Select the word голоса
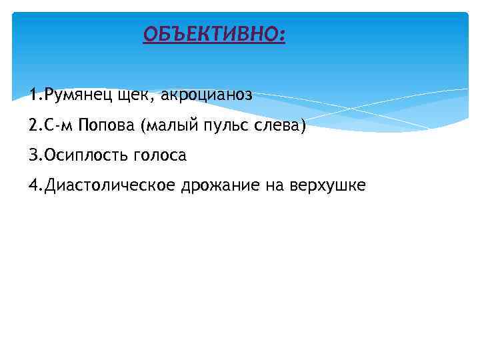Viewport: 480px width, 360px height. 160,155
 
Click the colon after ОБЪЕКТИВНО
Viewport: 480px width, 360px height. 281,35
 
